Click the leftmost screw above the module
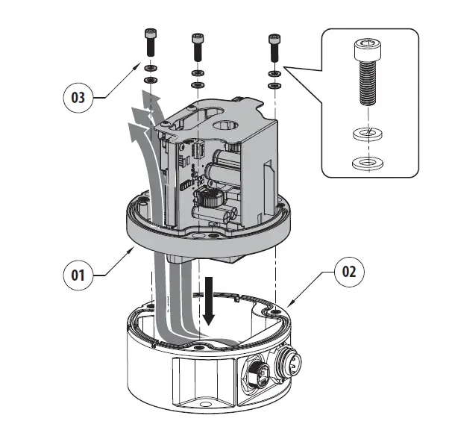click(150, 41)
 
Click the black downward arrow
click(210, 302)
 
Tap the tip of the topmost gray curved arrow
click(142, 96)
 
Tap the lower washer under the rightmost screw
click(274, 85)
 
